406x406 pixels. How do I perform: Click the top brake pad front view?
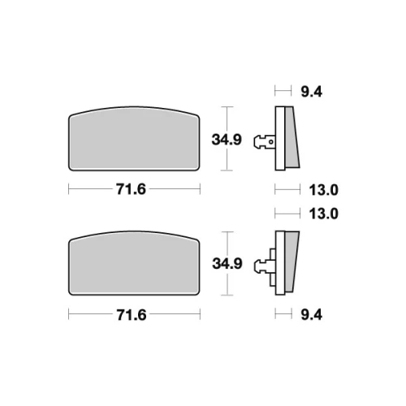134,139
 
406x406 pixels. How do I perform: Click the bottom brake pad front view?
134,263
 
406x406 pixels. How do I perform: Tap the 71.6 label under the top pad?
131,189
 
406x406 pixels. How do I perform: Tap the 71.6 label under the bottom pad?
132,315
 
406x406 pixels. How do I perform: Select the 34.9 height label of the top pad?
227,140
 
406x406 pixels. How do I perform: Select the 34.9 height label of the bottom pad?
227,263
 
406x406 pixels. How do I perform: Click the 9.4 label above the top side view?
312,92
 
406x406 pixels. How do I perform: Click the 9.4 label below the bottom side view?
312,315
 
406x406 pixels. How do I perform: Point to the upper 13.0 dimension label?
324,190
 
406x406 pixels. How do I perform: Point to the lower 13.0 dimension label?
324,214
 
